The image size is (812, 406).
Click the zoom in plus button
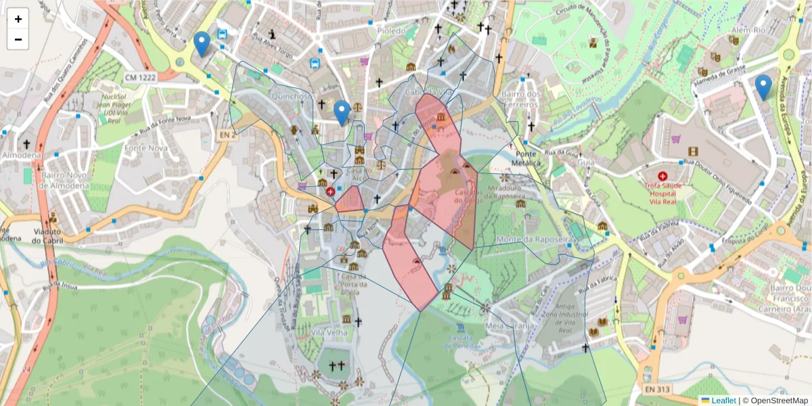(18, 19)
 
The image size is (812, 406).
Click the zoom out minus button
(18, 39)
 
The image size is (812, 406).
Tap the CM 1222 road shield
(139, 78)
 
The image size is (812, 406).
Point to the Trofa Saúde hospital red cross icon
(662, 175)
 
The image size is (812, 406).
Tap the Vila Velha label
(330, 332)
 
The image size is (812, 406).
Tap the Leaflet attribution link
(723, 401)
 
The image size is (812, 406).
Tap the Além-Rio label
(748, 30)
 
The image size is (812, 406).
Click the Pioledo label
(392, 30)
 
